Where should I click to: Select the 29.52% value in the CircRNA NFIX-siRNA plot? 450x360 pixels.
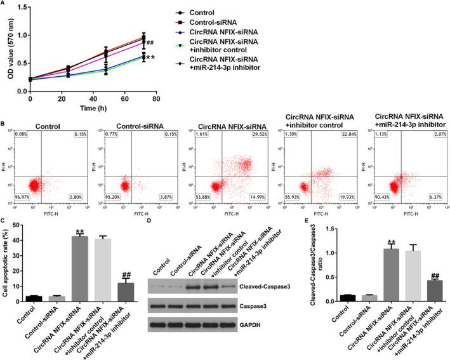(254, 136)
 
